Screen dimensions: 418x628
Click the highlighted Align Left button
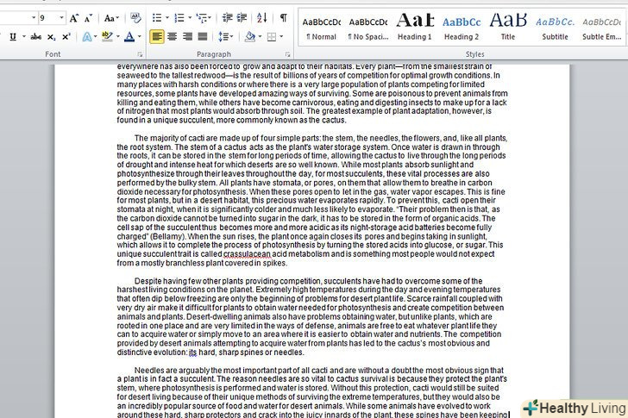point(156,36)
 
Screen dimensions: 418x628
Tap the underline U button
point(12,37)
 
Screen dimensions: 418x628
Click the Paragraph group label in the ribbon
point(214,54)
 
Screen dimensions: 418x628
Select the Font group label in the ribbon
point(53,54)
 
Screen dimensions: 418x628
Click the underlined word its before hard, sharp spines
point(192,352)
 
